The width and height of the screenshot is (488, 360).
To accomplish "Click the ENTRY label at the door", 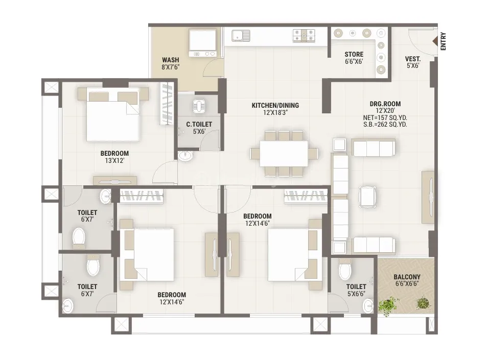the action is [443, 41].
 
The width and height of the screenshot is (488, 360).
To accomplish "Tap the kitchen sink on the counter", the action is [241, 35].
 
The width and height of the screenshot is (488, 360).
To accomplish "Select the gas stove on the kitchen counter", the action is [304, 35].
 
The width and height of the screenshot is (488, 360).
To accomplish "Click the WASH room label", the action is [171, 60].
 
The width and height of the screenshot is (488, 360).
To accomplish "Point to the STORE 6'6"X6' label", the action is [354, 58].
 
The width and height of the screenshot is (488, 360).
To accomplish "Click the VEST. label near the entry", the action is [413, 59].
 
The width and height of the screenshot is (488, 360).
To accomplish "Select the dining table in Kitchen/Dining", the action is [284, 154].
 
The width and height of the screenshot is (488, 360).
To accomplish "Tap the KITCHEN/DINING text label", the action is [275, 105].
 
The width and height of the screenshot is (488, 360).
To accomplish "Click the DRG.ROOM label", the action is [385, 104].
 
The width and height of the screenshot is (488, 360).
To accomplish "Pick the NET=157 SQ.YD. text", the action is [385, 118].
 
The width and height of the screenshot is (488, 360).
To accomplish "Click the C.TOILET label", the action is [199, 125].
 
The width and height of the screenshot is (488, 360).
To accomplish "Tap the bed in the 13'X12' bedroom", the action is [112, 114].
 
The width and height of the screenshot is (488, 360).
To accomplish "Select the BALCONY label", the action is [407, 277].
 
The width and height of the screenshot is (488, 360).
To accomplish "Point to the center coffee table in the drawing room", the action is [367, 197].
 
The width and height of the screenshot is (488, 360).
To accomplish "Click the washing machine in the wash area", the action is [202, 43].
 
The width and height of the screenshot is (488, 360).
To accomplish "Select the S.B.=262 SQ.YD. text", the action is [385, 125].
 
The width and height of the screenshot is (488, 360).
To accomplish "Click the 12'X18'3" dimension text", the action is [275, 112].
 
